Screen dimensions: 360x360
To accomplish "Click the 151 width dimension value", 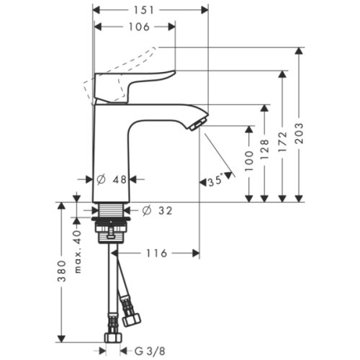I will (x=151, y=10).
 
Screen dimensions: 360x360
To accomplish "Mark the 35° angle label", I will (x=215, y=183).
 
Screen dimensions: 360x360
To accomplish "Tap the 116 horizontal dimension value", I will (x=159, y=253).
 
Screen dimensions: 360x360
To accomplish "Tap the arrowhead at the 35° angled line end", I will (x=230, y=174).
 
